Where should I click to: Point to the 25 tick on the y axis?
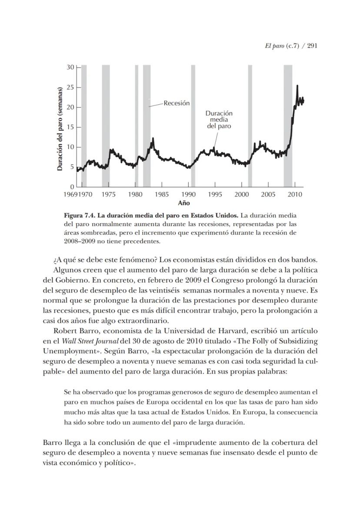click(x=70, y=87)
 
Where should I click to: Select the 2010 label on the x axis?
click(x=295, y=195)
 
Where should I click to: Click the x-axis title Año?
click(x=184, y=203)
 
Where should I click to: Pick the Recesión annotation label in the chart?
click(x=177, y=103)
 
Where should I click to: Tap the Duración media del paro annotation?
click(x=219, y=120)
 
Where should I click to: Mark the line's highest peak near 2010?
click(x=297, y=86)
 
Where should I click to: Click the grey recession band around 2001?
click(x=250, y=126)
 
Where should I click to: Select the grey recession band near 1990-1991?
click(x=193, y=126)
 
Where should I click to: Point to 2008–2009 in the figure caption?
click(x=78, y=241)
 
